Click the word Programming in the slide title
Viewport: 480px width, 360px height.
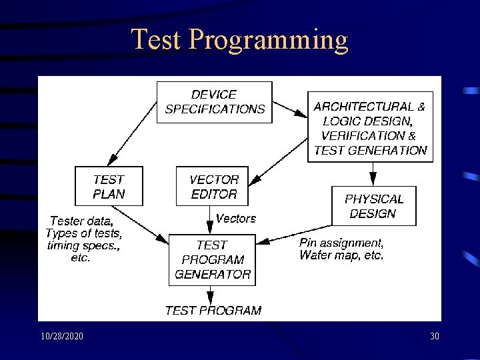[269, 41]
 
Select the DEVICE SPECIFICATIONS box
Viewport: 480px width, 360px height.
[214, 102]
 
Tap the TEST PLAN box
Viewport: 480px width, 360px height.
[109, 186]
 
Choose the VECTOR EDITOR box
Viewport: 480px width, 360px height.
[213, 186]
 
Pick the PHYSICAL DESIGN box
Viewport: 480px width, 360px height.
[373, 206]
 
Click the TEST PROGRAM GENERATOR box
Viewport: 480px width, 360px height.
[212, 259]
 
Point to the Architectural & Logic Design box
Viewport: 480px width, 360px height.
[370, 127]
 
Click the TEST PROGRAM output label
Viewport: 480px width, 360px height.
[213, 310]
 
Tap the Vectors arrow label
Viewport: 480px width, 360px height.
[235, 218]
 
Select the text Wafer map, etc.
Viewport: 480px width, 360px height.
[341, 255]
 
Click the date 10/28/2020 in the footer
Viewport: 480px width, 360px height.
[62, 337]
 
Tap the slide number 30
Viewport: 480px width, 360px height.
[434, 337]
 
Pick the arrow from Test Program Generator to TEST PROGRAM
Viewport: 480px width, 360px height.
[211, 294]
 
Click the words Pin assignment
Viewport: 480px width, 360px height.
[341, 243]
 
